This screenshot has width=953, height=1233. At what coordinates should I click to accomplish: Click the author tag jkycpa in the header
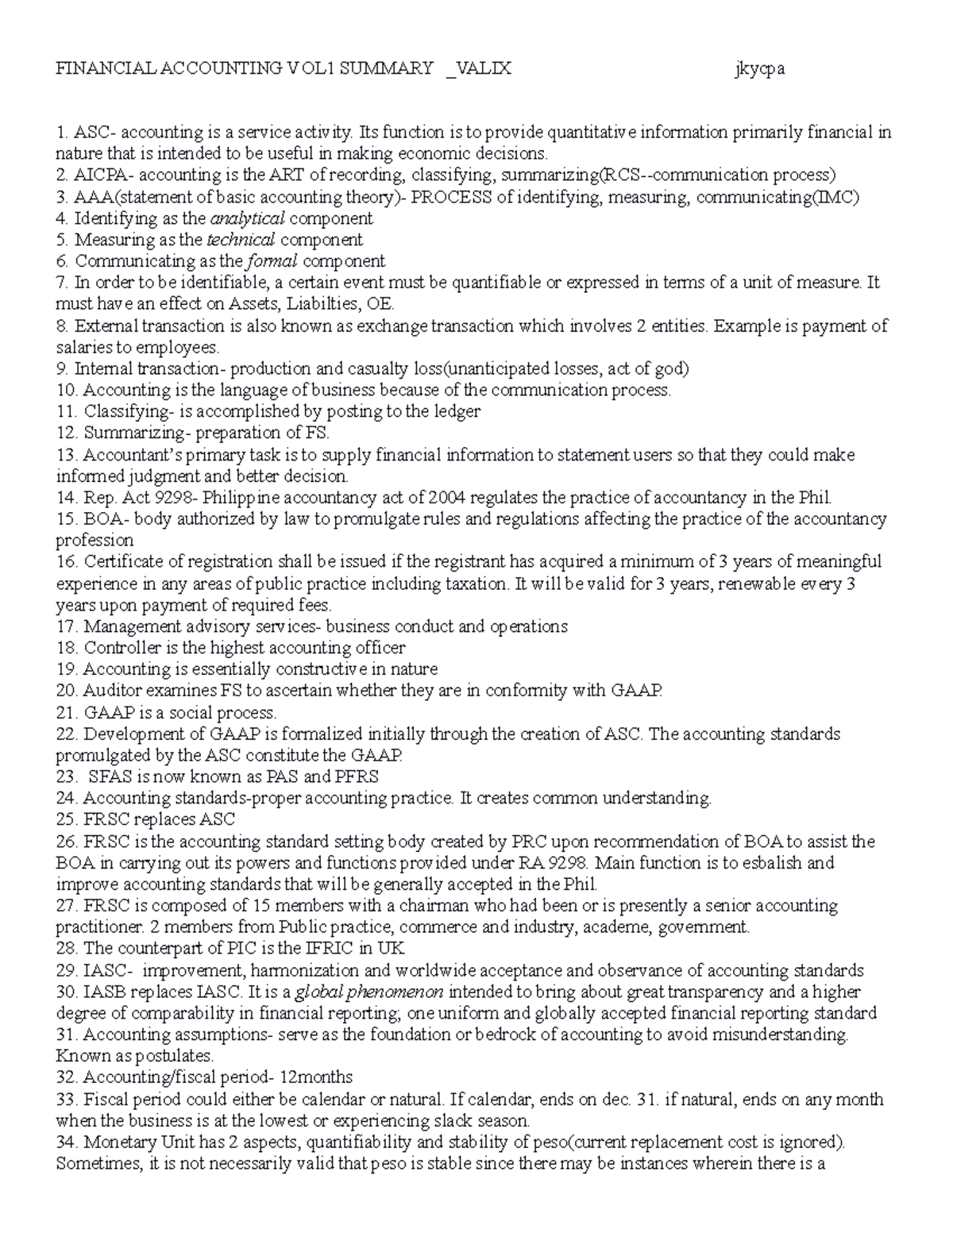point(759,68)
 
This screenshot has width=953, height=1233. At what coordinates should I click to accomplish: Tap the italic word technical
point(241,240)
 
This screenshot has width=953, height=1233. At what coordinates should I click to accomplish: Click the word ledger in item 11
point(457,411)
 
